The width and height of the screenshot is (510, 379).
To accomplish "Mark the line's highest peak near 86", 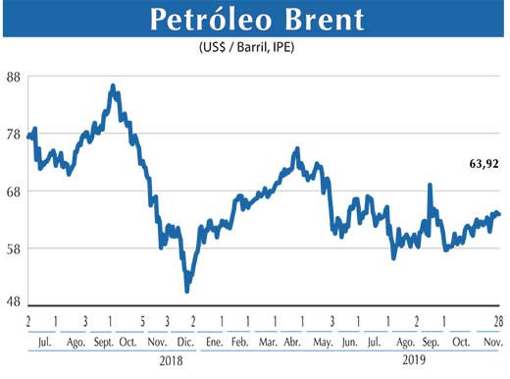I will (113, 86).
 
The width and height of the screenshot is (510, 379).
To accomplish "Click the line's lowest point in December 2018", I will (186, 290).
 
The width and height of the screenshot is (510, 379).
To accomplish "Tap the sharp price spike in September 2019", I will (429, 185).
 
